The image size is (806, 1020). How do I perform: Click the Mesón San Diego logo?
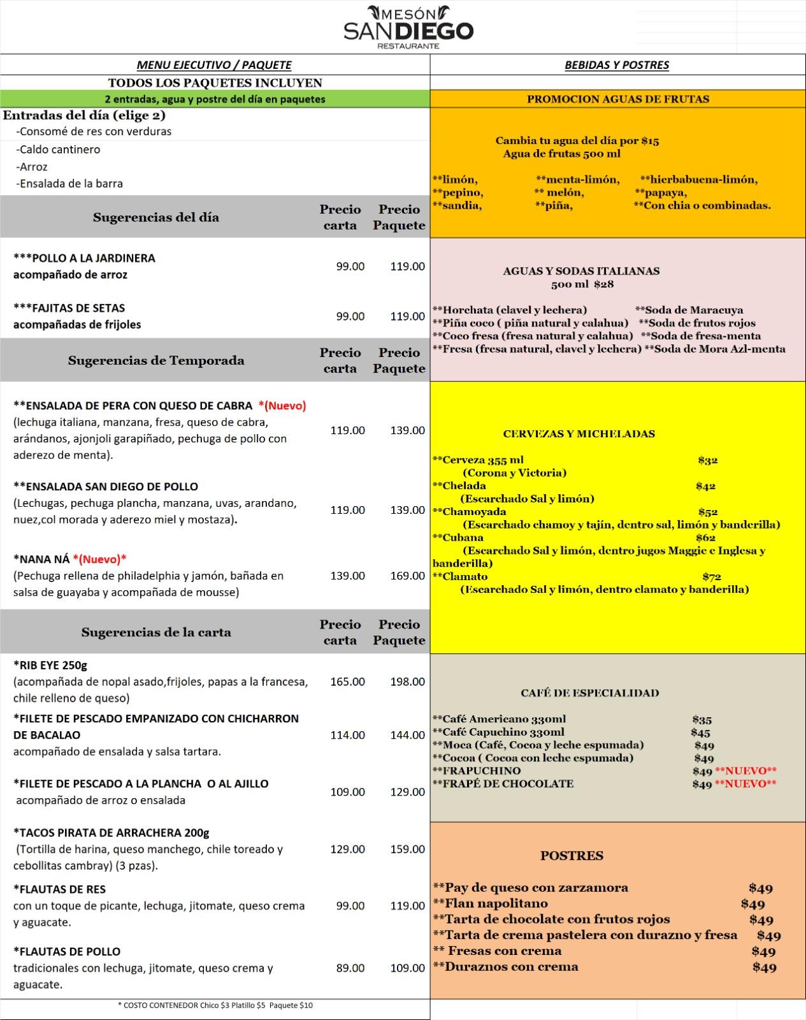[408, 27]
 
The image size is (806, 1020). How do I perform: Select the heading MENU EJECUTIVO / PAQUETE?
[214, 65]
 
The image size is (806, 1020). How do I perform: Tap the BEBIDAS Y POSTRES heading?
[617, 65]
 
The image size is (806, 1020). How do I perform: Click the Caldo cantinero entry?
[59, 150]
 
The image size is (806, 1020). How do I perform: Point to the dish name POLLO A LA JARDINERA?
[84, 258]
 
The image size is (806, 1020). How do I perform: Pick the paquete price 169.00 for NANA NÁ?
[407, 576]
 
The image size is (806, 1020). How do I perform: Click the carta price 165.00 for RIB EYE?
[347, 681]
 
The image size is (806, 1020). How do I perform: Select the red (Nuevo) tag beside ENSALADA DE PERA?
[282, 405]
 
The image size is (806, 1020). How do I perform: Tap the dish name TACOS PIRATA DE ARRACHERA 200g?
[112, 833]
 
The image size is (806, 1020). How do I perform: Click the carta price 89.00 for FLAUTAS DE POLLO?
[350, 968]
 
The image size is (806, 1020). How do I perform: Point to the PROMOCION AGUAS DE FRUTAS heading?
[617, 99]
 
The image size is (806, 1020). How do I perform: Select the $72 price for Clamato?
[712, 577]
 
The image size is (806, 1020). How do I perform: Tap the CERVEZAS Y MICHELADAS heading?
[579, 434]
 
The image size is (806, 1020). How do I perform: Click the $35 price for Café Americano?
[702, 720]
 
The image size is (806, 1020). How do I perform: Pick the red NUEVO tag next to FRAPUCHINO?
[745, 771]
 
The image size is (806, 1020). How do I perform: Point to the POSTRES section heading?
[572, 856]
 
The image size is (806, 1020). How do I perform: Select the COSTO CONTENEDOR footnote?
[215, 1005]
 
